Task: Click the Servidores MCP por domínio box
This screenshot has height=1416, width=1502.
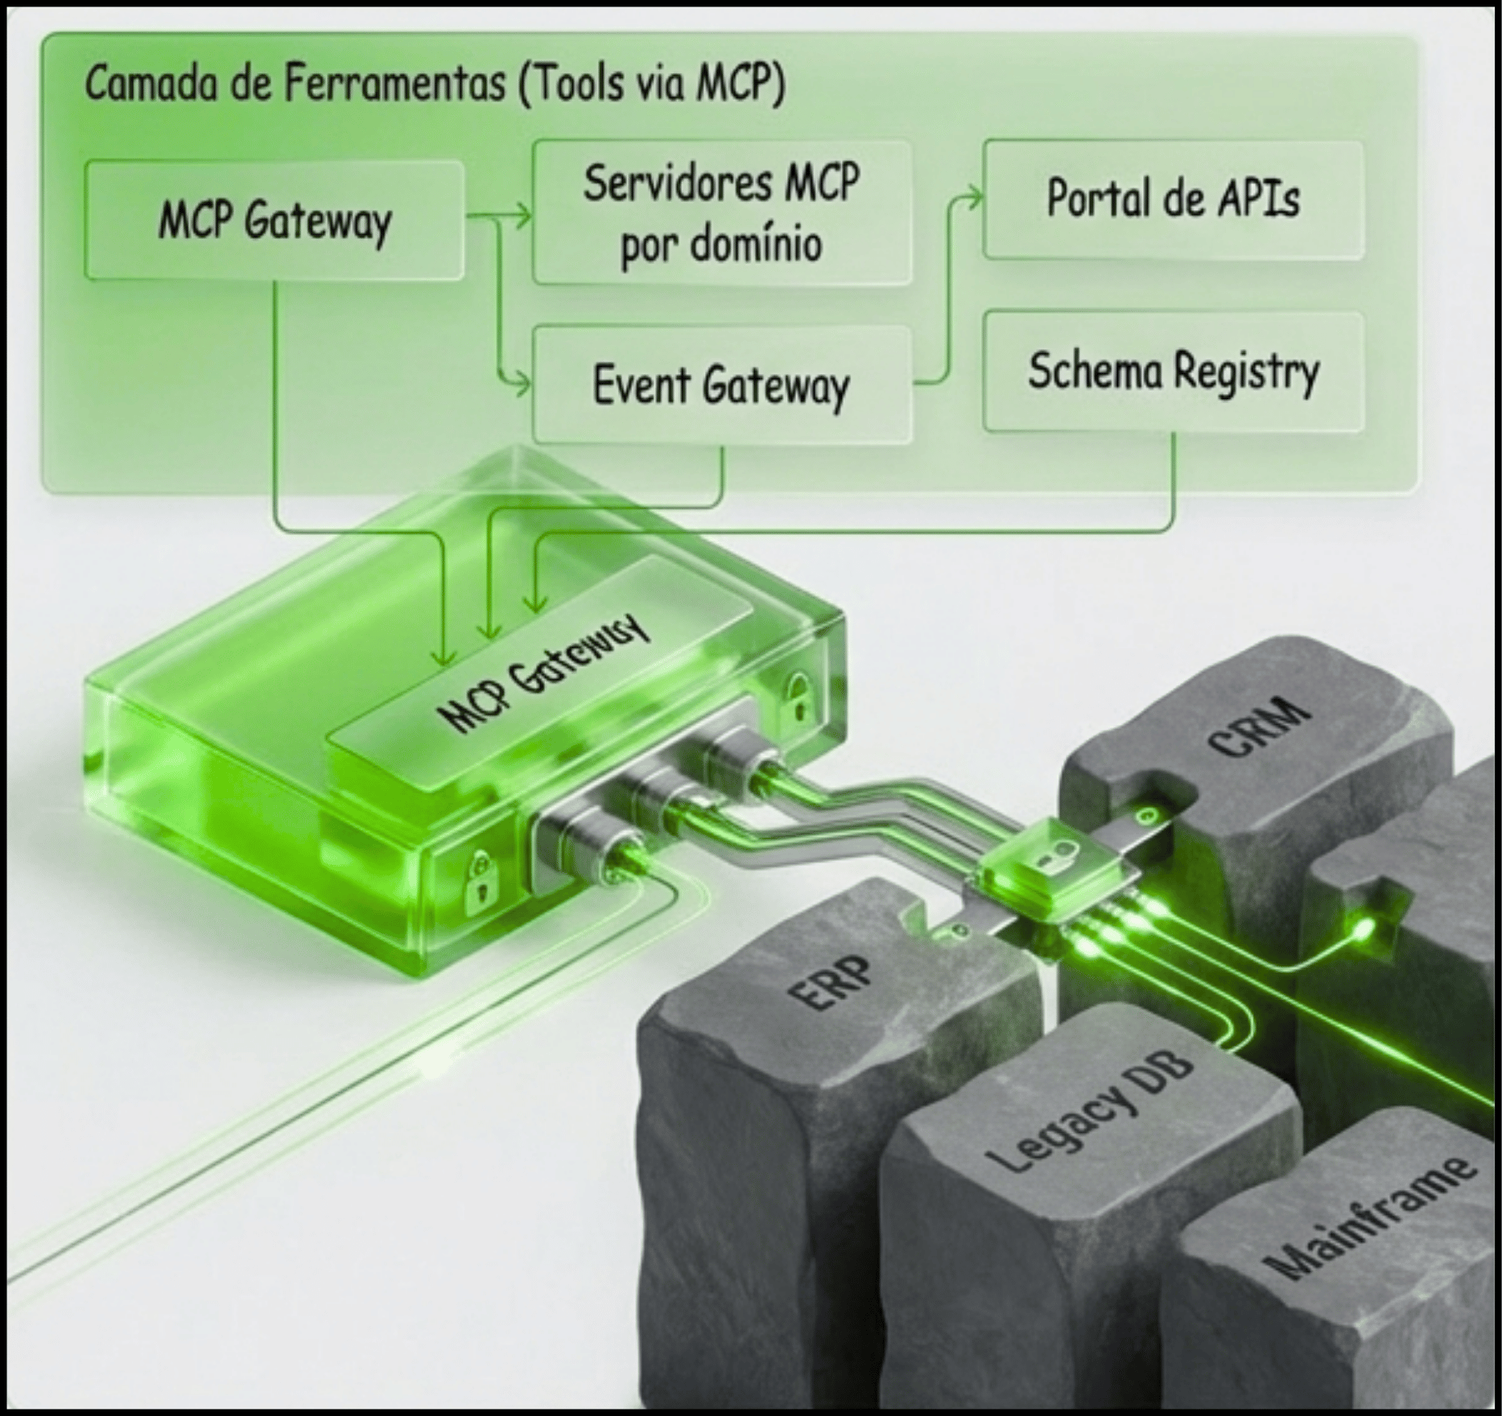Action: click(721, 212)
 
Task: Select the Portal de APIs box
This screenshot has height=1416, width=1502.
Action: click(1172, 199)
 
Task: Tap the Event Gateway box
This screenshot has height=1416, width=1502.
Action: click(721, 385)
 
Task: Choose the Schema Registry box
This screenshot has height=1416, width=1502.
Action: click(1173, 371)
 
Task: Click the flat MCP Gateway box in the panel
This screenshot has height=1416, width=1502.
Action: click(274, 220)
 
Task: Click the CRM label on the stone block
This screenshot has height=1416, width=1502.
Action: click(1260, 728)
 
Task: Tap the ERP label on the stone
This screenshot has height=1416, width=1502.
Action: click(831, 981)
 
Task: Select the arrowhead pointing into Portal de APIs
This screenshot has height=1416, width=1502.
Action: click(976, 197)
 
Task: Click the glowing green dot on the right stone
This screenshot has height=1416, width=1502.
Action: click(1364, 931)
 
